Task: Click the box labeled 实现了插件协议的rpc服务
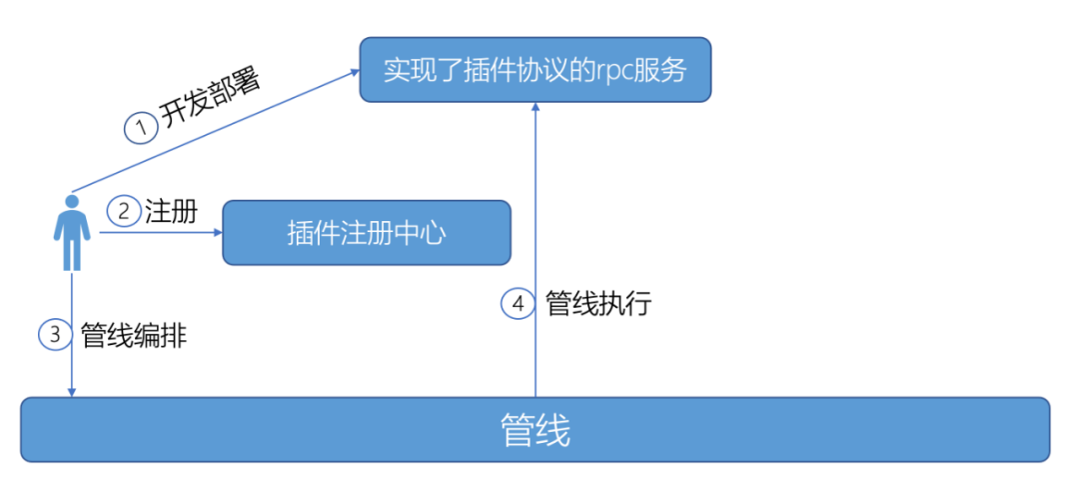[x=536, y=69]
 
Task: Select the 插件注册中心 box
[x=366, y=233]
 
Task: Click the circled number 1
[x=141, y=128]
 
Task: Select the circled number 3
[x=56, y=335]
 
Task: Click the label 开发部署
[x=210, y=98]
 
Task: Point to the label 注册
[x=170, y=212]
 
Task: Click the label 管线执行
[x=597, y=303]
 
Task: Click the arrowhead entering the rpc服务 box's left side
[x=354, y=72]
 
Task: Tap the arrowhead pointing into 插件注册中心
[x=216, y=233]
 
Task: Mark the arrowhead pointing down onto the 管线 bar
[x=72, y=392]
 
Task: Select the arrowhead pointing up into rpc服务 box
[x=536, y=108]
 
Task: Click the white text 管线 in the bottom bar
[x=536, y=431]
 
